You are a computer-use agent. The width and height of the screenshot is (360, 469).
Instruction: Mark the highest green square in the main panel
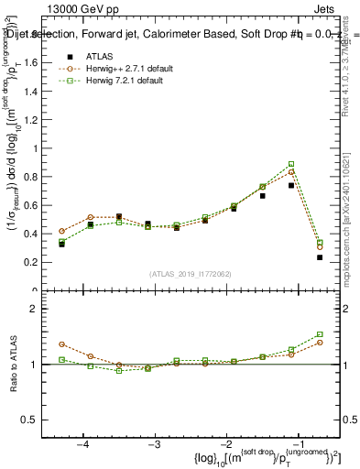(x=291, y=164)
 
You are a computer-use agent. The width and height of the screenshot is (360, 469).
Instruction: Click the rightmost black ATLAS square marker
(x=320, y=257)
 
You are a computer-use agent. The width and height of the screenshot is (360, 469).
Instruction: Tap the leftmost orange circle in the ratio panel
(x=62, y=344)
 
